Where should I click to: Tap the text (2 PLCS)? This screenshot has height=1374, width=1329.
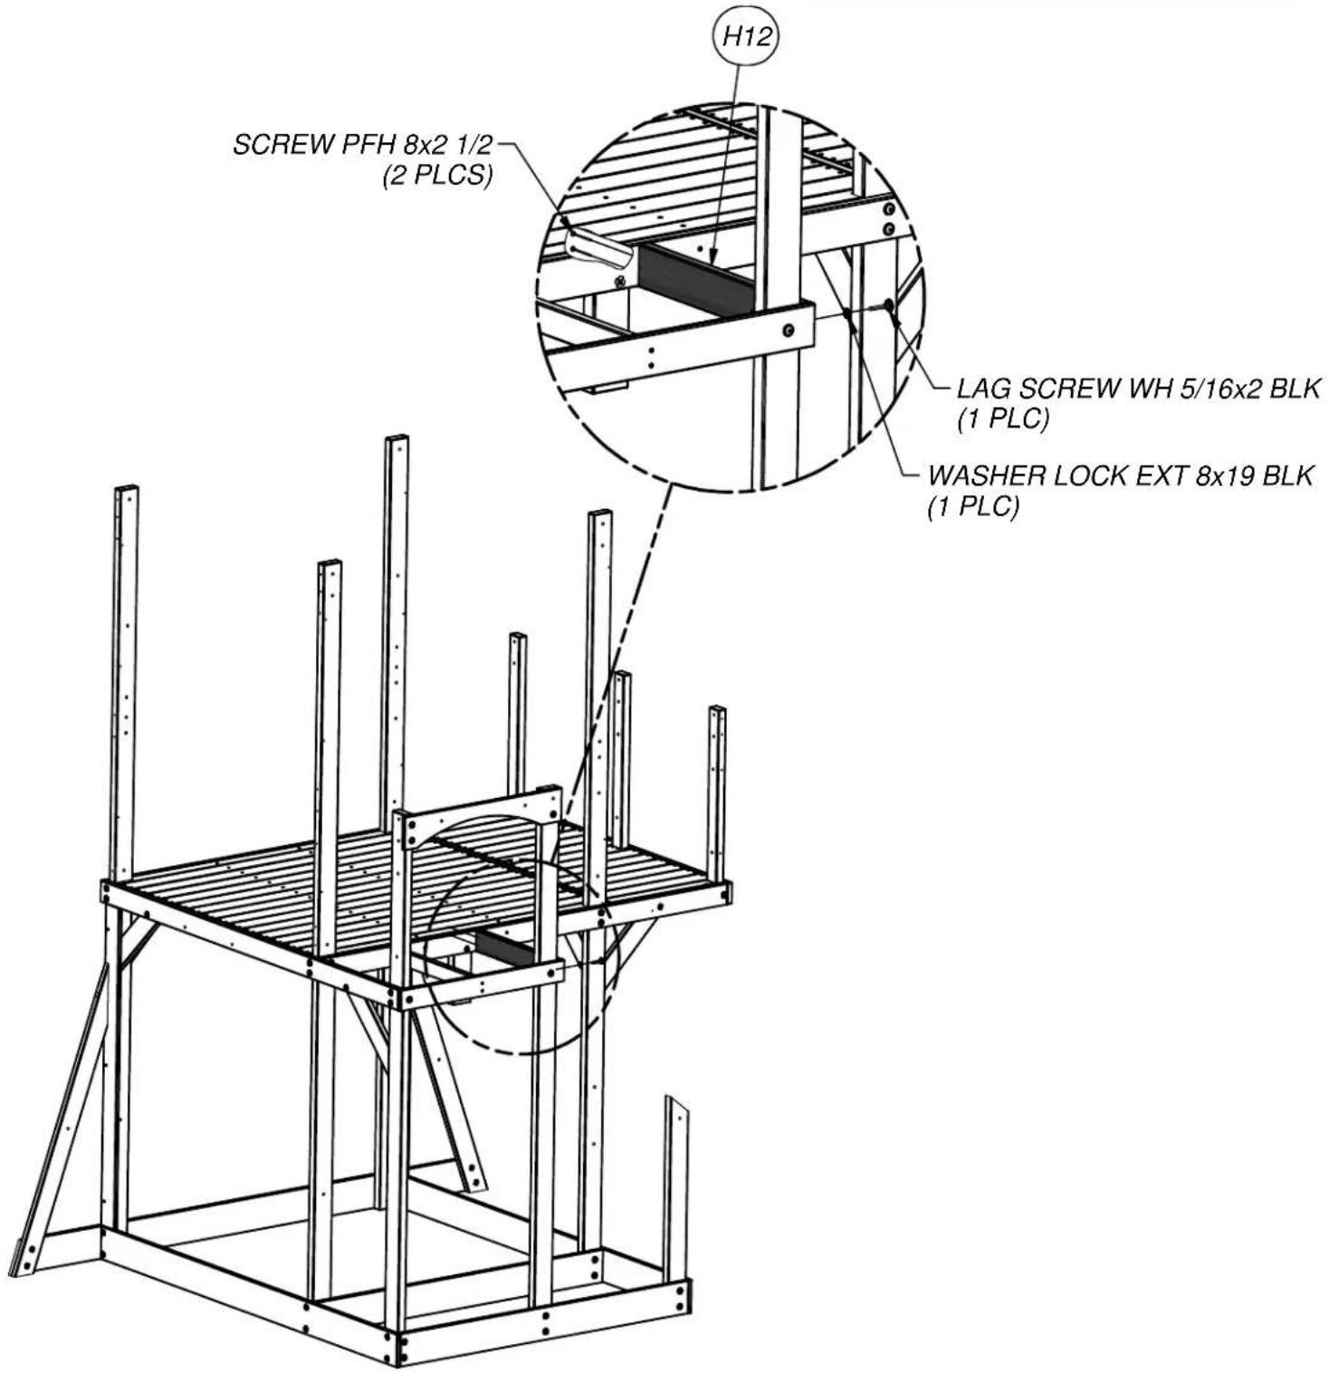pos(437,175)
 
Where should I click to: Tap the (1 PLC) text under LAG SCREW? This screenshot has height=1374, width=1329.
pos(1003,419)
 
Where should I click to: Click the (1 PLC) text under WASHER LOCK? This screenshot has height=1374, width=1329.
pos(973,506)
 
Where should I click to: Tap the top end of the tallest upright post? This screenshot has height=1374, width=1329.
pos(397,439)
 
